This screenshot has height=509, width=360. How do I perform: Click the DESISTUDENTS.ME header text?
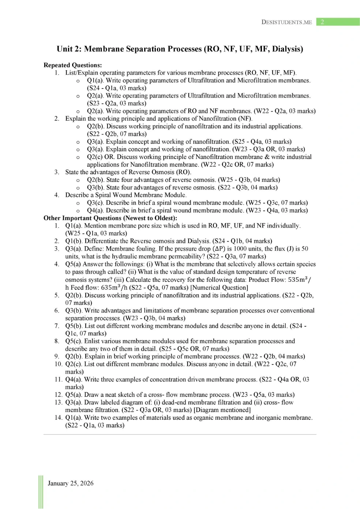286,22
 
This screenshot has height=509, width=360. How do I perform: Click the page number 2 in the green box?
322,22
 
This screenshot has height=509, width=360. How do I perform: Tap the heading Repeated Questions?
72,65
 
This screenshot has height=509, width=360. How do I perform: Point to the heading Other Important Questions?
110,218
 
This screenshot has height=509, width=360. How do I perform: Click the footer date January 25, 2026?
70,483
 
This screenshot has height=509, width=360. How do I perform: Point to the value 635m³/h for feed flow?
114,287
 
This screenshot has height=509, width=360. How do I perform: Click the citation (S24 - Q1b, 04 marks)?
242,241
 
